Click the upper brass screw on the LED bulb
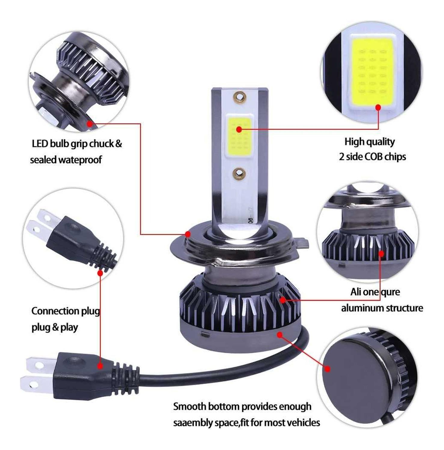[240, 97]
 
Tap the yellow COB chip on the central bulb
[239, 134]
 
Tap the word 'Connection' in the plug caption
[51, 311]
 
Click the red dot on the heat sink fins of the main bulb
[283, 300]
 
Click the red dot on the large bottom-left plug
[100, 366]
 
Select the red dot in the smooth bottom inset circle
[328, 369]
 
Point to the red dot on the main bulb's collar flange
[188, 234]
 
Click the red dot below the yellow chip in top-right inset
[378, 107]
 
